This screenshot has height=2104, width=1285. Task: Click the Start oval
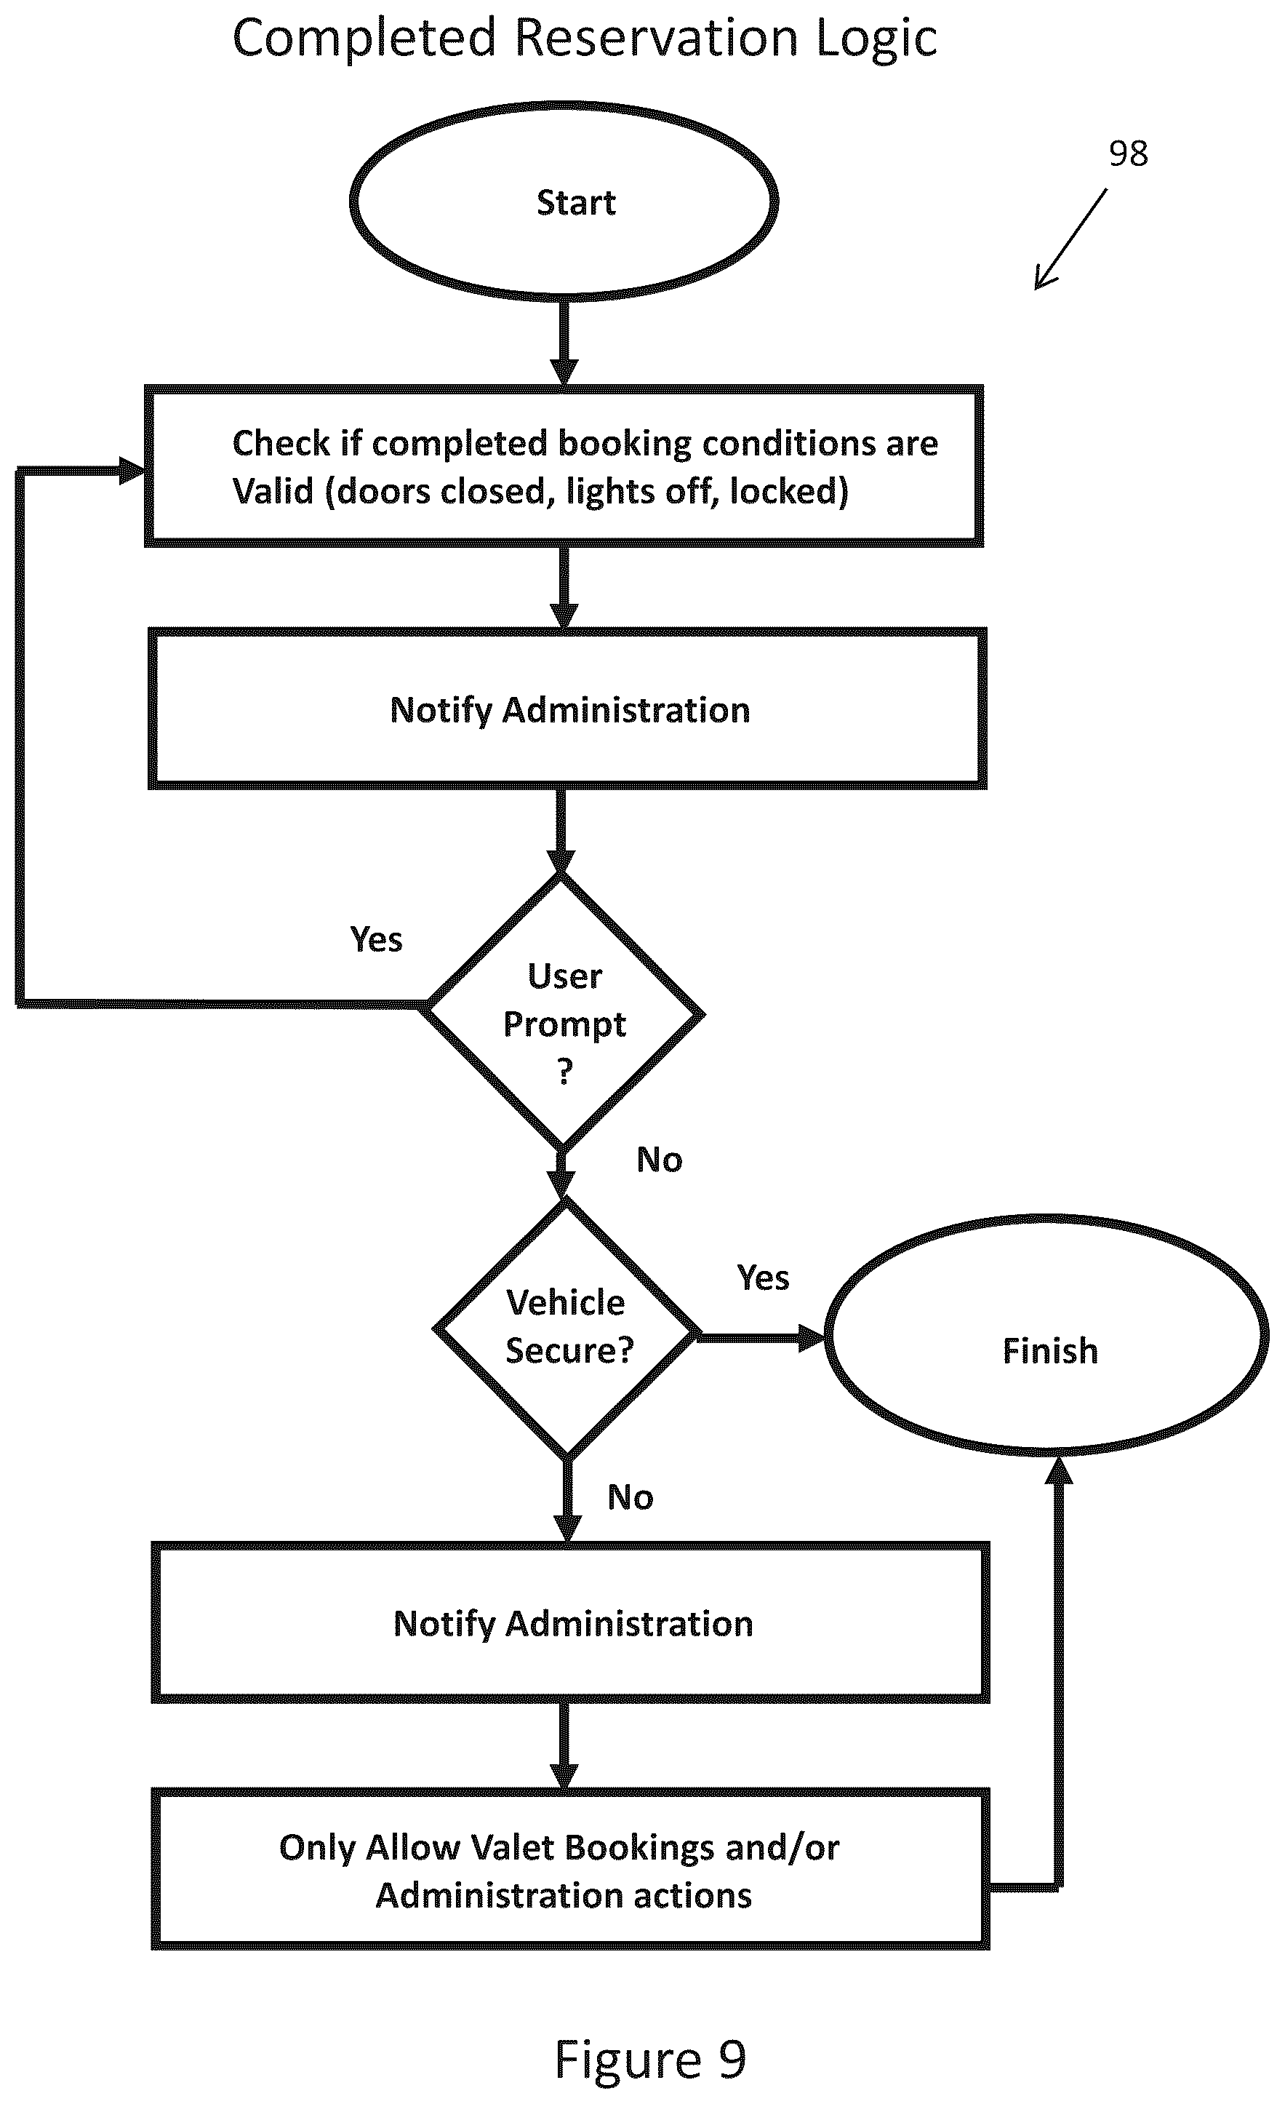(564, 202)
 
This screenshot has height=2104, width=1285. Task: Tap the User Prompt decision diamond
(564, 1013)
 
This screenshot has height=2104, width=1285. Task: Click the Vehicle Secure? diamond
(566, 1328)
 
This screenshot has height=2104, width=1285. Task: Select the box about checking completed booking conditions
(564, 466)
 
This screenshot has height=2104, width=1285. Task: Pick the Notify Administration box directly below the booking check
(568, 709)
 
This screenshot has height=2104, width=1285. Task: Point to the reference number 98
(1128, 154)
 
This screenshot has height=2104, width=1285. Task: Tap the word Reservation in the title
(657, 39)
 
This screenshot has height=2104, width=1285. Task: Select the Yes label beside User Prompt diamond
(376, 939)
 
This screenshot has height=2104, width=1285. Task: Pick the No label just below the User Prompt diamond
(659, 1160)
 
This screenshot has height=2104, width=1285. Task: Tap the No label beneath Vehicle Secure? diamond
(630, 1497)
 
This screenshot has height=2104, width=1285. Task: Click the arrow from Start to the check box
(564, 341)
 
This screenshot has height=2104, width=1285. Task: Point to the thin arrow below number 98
(1070, 239)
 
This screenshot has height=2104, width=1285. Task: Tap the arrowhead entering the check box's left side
(132, 471)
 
